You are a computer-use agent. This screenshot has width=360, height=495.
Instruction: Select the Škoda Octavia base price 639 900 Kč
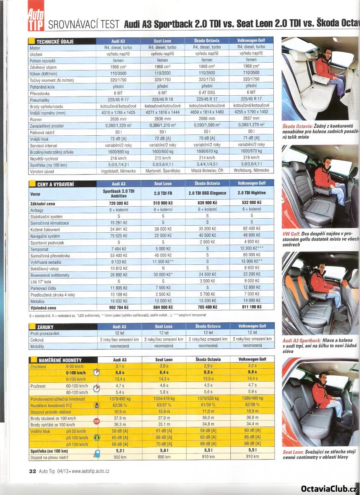207,203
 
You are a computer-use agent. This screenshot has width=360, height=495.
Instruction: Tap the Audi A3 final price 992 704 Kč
118,307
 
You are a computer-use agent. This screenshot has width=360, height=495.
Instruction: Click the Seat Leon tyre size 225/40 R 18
163,99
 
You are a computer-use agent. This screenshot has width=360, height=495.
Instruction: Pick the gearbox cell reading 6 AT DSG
207,93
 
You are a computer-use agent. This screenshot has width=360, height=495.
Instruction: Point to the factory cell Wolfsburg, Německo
251,171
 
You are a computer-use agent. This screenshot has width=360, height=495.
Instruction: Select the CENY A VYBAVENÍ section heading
55,184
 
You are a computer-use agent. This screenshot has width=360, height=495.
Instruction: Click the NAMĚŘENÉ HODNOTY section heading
59,360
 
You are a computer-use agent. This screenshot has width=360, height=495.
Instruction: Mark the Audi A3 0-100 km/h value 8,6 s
119,372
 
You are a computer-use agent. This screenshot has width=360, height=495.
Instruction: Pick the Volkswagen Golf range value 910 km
252,457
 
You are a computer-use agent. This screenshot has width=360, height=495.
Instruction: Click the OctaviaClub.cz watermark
328,488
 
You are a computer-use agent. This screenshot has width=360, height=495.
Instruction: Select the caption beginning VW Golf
320,239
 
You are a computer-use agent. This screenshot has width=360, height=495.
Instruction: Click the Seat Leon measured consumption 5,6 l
163,451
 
